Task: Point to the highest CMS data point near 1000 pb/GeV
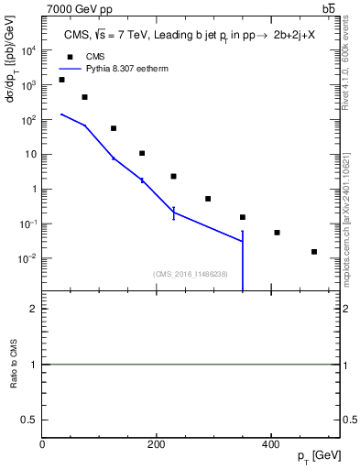61,80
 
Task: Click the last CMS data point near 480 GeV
314,252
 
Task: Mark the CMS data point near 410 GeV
277,233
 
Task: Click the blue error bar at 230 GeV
173,213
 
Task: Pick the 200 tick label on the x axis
156,444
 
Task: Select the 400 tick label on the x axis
270,444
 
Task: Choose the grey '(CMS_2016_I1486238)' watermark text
191,273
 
